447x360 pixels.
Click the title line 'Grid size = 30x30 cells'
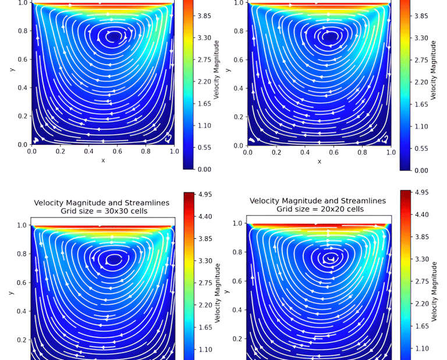pos(101,211)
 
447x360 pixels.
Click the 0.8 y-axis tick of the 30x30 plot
pos(22,254)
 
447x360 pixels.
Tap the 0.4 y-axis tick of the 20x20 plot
pos(238,310)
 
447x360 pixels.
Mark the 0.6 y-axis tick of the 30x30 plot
pos(22,283)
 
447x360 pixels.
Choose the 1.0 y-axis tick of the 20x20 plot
pos(238,223)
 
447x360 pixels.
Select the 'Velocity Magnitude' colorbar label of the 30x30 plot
pos(216,293)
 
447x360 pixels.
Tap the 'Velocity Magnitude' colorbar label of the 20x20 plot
pos(434,291)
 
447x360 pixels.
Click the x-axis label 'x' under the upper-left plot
pos(103,160)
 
